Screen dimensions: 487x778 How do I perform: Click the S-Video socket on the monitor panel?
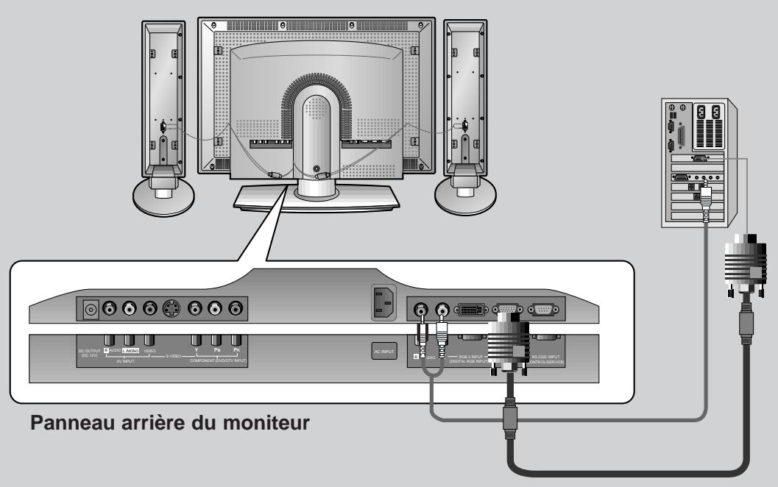pos(171,309)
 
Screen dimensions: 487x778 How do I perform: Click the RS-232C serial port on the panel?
pos(545,310)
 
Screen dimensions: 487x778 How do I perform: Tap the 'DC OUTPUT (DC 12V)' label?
pos(89,355)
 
